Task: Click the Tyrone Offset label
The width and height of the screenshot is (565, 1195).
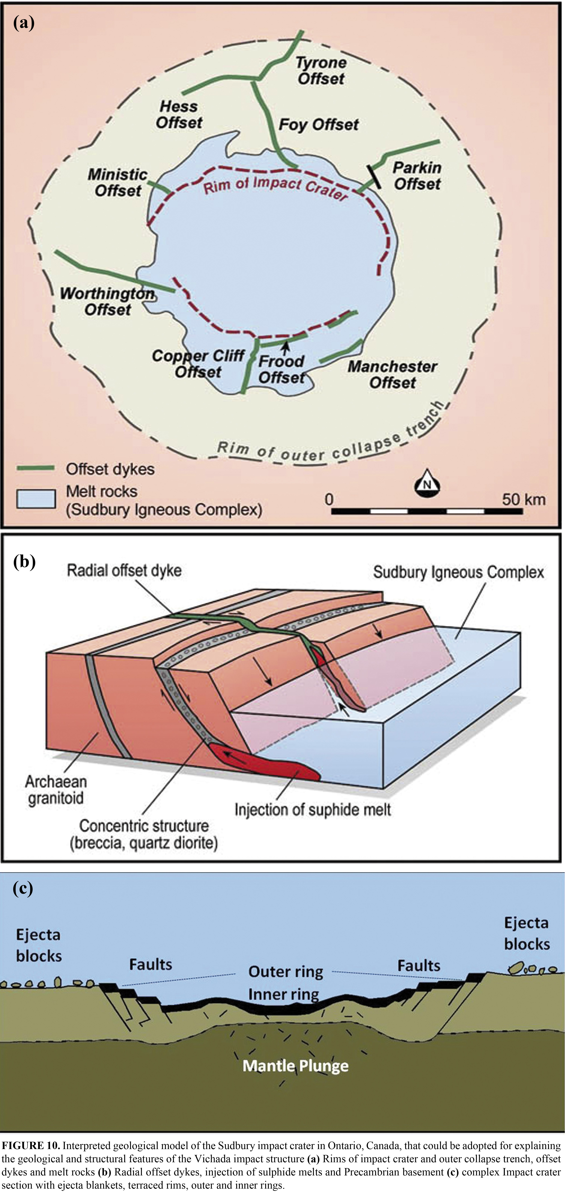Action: [x=321, y=71]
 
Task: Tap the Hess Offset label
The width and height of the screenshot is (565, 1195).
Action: [x=179, y=115]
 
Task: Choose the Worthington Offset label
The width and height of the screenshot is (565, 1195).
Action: [x=108, y=302]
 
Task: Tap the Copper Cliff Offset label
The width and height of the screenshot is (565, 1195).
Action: [x=198, y=364]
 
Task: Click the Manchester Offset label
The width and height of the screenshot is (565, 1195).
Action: [x=392, y=374]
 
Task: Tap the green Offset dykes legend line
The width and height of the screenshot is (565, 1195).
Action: [x=36, y=468]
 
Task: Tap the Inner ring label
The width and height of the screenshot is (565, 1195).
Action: [x=283, y=994]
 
